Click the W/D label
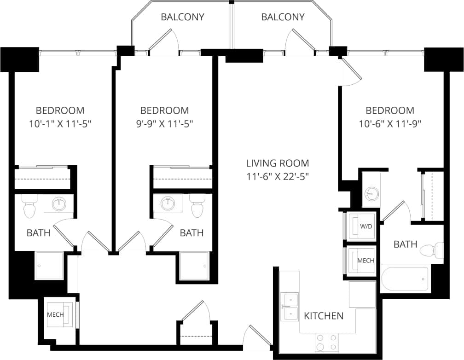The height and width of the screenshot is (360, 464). [x=365, y=226]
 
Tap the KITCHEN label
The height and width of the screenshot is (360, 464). [x=324, y=316]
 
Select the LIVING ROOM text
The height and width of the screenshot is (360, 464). [x=277, y=163]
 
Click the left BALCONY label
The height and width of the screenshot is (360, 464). [x=182, y=17]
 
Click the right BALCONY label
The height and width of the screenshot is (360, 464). [x=283, y=17]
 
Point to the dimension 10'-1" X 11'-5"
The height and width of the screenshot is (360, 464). [x=60, y=123]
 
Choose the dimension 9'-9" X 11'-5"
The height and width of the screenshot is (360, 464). [x=164, y=123]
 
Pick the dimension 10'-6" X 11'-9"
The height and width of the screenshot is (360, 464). [x=390, y=123]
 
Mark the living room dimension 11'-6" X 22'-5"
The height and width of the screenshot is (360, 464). [x=277, y=176]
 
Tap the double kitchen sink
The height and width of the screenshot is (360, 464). [x=290, y=307]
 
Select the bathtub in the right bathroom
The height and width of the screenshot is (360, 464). [x=405, y=278]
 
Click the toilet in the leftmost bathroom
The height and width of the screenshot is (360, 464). [x=29, y=207]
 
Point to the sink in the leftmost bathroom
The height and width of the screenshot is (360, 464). [x=59, y=203]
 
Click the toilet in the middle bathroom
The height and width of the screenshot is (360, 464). [x=197, y=207]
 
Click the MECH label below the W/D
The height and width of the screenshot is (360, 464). [x=365, y=261]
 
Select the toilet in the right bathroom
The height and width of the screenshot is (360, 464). [x=433, y=250]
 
